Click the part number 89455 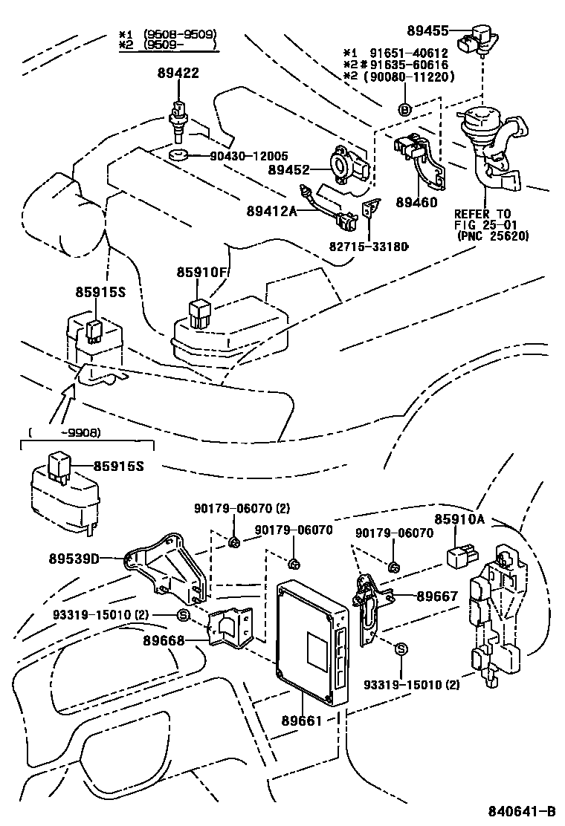[x=427, y=30]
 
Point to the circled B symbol [x=405, y=110]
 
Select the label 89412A [x=272, y=211]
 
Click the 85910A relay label [x=459, y=519]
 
